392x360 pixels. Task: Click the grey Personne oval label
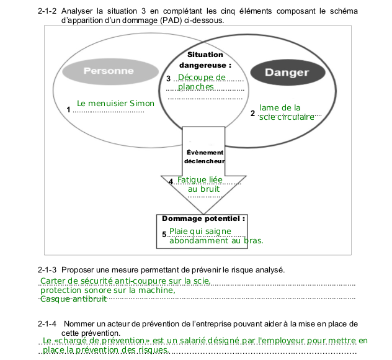pyautogui.click(x=110, y=71)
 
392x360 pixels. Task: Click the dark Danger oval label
pyautogui.click(x=288, y=73)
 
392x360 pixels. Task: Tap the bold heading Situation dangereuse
pyautogui.click(x=205, y=60)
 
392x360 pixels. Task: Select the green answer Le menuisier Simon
pyautogui.click(x=115, y=103)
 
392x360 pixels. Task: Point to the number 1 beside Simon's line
pyautogui.click(x=68, y=110)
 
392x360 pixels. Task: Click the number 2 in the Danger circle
pyautogui.click(x=252, y=114)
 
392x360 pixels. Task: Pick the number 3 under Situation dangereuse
pyautogui.click(x=169, y=79)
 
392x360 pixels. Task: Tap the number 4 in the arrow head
pyautogui.click(x=171, y=181)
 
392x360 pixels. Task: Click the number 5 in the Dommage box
pyautogui.click(x=164, y=235)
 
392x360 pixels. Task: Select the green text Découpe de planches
pyautogui.click(x=202, y=82)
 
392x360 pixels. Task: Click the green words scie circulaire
pyautogui.click(x=287, y=117)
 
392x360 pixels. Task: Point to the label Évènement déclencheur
pyautogui.click(x=205, y=156)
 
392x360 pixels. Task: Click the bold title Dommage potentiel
pyautogui.click(x=203, y=218)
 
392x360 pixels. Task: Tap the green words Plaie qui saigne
pyautogui.click(x=200, y=232)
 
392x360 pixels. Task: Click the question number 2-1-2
pyautogui.click(x=47, y=11)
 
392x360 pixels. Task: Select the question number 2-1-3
pyautogui.click(x=47, y=270)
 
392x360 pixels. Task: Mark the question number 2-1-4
pyautogui.click(x=47, y=324)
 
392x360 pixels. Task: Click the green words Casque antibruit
pyautogui.click(x=73, y=299)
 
